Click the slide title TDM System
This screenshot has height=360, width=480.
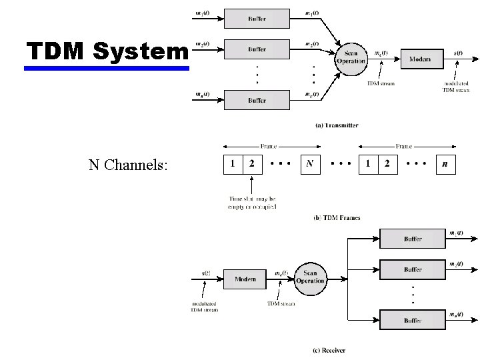(x=107, y=51)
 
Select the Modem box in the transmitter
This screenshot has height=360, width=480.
(x=419, y=59)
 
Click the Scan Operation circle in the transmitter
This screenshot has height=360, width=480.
(x=351, y=57)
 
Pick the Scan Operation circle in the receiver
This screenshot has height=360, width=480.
(x=310, y=277)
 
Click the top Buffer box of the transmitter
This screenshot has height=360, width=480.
(x=257, y=19)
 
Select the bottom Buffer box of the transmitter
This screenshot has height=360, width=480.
(x=257, y=100)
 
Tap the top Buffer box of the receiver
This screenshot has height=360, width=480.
(x=412, y=238)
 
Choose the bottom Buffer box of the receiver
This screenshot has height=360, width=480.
(x=412, y=319)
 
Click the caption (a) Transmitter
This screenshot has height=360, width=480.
(x=336, y=125)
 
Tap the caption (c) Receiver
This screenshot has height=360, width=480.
(x=329, y=349)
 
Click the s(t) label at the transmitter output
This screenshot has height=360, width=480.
(x=459, y=53)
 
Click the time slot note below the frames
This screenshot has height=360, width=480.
(x=253, y=203)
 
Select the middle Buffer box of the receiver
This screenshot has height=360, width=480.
(x=412, y=269)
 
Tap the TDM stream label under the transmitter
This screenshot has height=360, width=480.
(x=381, y=83)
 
